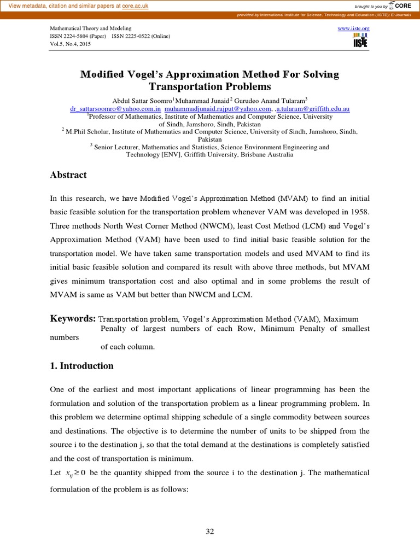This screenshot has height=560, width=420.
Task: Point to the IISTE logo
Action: [360, 40]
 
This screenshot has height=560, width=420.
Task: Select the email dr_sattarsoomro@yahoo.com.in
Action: [115, 109]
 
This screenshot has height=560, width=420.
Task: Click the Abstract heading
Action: [68, 175]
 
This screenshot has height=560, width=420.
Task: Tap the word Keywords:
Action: [73, 318]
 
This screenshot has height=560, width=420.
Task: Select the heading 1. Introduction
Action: [81, 366]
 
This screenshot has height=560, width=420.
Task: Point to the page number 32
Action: [210, 532]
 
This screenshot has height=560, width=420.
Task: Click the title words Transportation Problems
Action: [210, 86]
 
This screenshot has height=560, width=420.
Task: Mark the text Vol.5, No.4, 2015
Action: [71, 44]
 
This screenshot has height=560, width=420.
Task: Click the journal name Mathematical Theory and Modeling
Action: [91, 28]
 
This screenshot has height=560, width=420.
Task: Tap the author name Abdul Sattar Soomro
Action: [142, 101]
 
